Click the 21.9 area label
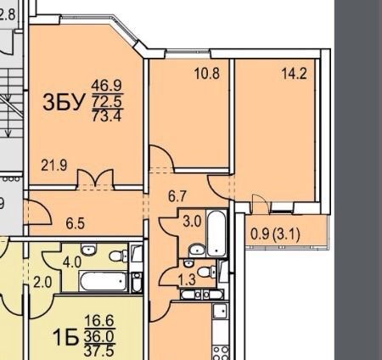(54, 166)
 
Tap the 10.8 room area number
(207, 74)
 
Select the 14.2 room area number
(295, 74)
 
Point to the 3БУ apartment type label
(64, 102)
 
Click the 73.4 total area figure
(107, 115)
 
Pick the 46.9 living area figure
(107, 86)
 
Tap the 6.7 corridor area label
(177, 196)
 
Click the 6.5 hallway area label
(76, 223)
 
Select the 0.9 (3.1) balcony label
(275, 234)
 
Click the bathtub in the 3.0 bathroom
(216, 233)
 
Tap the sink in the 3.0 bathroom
(197, 250)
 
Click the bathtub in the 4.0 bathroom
(104, 281)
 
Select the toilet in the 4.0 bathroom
(118, 256)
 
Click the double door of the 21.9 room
(95, 178)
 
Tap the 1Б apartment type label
(65, 338)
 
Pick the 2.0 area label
(42, 282)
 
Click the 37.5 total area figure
(99, 351)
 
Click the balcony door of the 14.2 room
(260, 203)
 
